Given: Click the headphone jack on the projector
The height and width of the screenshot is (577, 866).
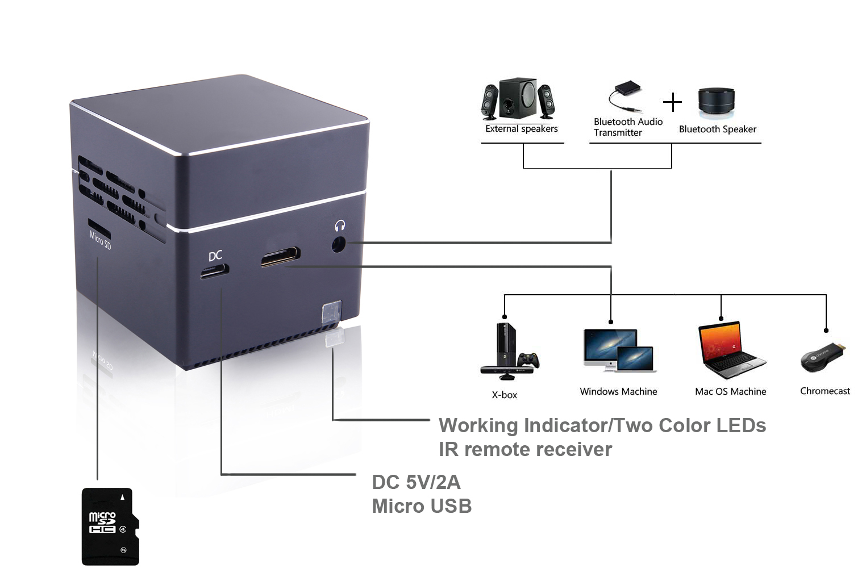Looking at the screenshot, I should pyautogui.click(x=338, y=245).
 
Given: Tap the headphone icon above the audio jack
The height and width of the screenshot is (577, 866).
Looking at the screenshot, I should pyautogui.click(x=340, y=225).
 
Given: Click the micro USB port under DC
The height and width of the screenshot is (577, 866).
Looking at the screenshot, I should pyautogui.click(x=215, y=272).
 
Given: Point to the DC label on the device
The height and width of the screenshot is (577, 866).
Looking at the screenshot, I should pyautogui.click(x=215, y=256).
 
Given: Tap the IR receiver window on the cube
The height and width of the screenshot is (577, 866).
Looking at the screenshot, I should pyautogui.click(x=331, y=312).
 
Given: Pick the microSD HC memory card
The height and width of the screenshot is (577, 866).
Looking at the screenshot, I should pyautogui.click(x=110, y=526).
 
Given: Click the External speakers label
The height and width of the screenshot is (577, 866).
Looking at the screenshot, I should pyautogui.click(x=521, y=129).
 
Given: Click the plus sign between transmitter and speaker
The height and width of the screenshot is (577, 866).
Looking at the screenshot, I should pyautogui.click(x=672, y=102).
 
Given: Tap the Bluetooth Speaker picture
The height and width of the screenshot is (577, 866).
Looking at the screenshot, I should pyautogui.click(x=716, y=102).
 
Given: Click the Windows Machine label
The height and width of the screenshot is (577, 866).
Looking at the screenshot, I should pyautogui.click(x=618, y=391).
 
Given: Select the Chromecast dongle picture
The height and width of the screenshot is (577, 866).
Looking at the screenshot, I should pyautogui.click(x=823, y=357).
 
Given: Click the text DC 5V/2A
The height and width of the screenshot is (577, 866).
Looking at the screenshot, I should pyautogui.click(x=416, y=482).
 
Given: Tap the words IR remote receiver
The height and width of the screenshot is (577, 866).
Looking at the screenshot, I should pyautogui.click(x=525, y=449).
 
